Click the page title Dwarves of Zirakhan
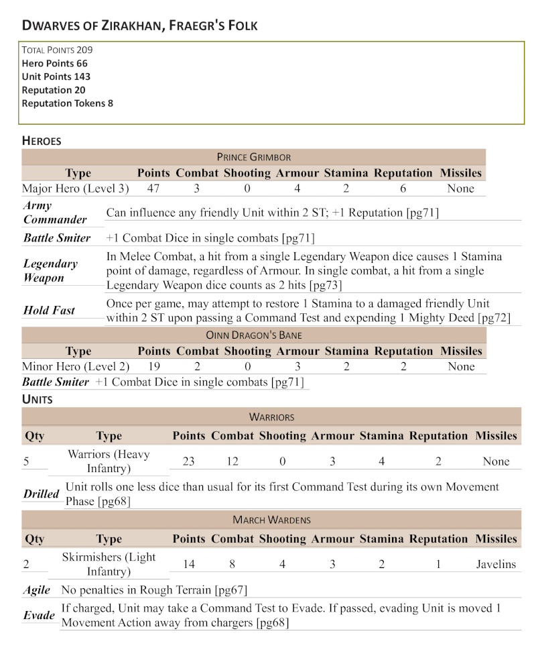139,25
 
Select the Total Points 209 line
57,50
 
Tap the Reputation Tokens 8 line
67,103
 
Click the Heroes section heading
42,141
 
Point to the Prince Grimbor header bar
253,157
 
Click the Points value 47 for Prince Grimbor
153,188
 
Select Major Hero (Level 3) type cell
75,188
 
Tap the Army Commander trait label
55,213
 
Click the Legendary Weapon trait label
50,270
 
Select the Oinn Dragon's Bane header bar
253,335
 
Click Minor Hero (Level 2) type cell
75,366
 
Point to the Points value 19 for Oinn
153,366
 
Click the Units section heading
38,399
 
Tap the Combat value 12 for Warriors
232,461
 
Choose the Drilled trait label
42,494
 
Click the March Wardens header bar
271,520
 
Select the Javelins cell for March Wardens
496,564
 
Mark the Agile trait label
37,590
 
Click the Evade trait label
39,616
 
